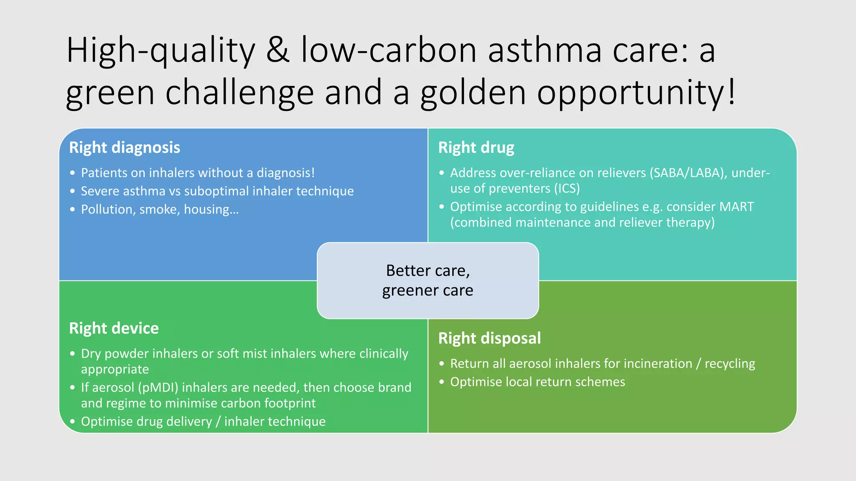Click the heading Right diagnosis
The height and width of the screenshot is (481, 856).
coord(125,148)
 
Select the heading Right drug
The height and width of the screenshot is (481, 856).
coord(476,148)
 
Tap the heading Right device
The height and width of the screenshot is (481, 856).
coord(114,329)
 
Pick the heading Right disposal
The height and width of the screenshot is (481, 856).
coord(489,338)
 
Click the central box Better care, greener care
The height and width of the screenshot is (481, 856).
coord(428,281)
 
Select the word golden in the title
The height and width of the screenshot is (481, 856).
coord(473,93)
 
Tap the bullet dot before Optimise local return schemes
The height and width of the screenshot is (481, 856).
coord(442,382)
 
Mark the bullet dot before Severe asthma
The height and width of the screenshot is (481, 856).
coord(73,191)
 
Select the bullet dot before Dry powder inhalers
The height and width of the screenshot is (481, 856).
coord(73,354)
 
